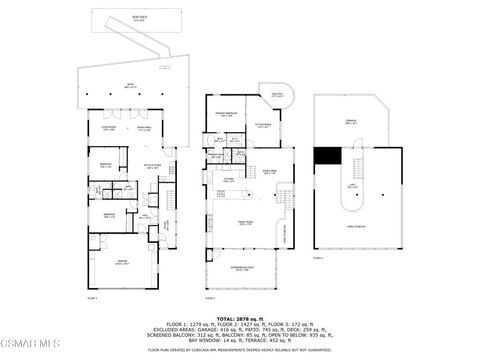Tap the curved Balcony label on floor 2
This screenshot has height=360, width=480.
(277, 96)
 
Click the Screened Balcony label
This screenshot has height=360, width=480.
(245, 268)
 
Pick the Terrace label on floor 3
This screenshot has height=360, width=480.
(350, 123)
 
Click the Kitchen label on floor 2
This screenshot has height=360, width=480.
(228, 179)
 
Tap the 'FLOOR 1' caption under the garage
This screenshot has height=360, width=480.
(92, 298)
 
